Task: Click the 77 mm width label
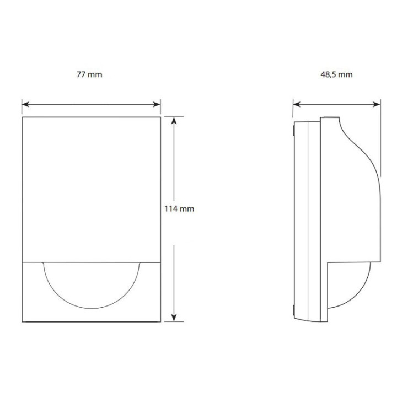[x=90, y=74]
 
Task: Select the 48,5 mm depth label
[x=336, y=74]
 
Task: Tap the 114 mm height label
[x=178, y=209]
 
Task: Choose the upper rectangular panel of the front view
[x=92, y=187]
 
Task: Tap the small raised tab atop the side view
[x=330, y=117]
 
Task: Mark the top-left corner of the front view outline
[x=23, y=117]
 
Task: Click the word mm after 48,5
[x=345, y=74]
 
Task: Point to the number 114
[x=172, y=209]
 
